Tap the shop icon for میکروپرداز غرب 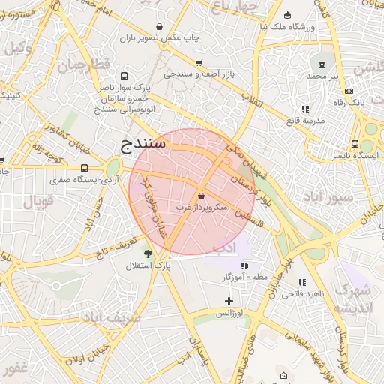click(202, 196)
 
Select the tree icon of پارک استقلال click(148, 253)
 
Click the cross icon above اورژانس click(229, 301)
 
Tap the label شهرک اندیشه click(351, 298)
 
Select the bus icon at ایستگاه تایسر click(355, 145)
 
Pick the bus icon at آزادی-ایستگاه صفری click(83, 168)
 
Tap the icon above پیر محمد click(322, 64)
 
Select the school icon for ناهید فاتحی click(302, 282)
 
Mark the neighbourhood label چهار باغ click(233, 7)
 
